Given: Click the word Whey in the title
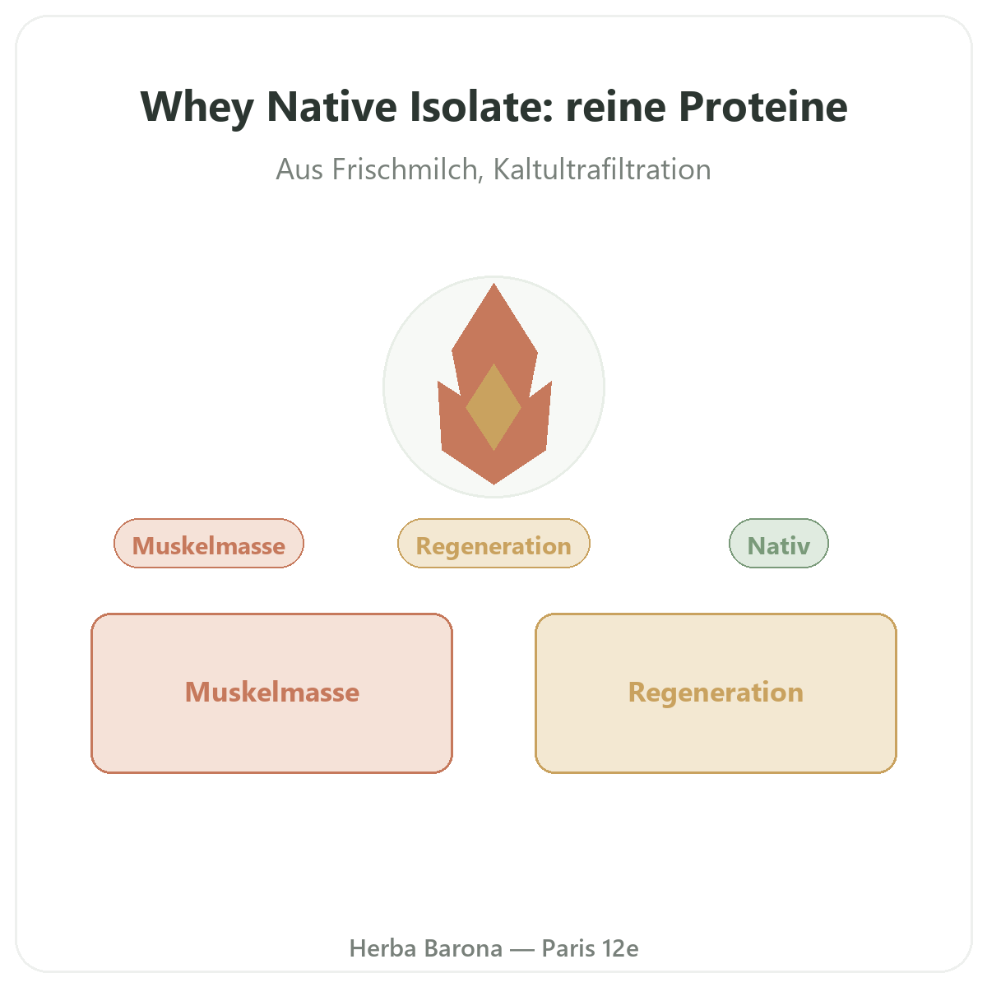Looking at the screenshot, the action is point(197,108).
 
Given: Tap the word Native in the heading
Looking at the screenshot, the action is point(332,107).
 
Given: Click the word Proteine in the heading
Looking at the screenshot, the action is point(763,107).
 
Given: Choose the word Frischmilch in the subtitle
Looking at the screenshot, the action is point(408,169).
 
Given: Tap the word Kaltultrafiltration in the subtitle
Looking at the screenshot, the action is point(602,169).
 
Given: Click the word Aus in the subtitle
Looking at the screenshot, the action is point(299,169).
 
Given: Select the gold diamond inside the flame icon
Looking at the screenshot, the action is point(493,406).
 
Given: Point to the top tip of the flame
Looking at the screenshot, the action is point(493,284).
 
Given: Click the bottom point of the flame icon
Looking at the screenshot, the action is point(493,484).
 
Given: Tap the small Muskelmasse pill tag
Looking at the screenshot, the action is point(209,544).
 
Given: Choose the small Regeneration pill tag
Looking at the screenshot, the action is point(493,544).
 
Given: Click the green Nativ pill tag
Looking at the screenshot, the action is point(779,544).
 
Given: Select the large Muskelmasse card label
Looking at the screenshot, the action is point(272,693).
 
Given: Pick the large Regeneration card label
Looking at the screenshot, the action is point(716,693).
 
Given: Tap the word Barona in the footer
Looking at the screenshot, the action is point(463,948).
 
